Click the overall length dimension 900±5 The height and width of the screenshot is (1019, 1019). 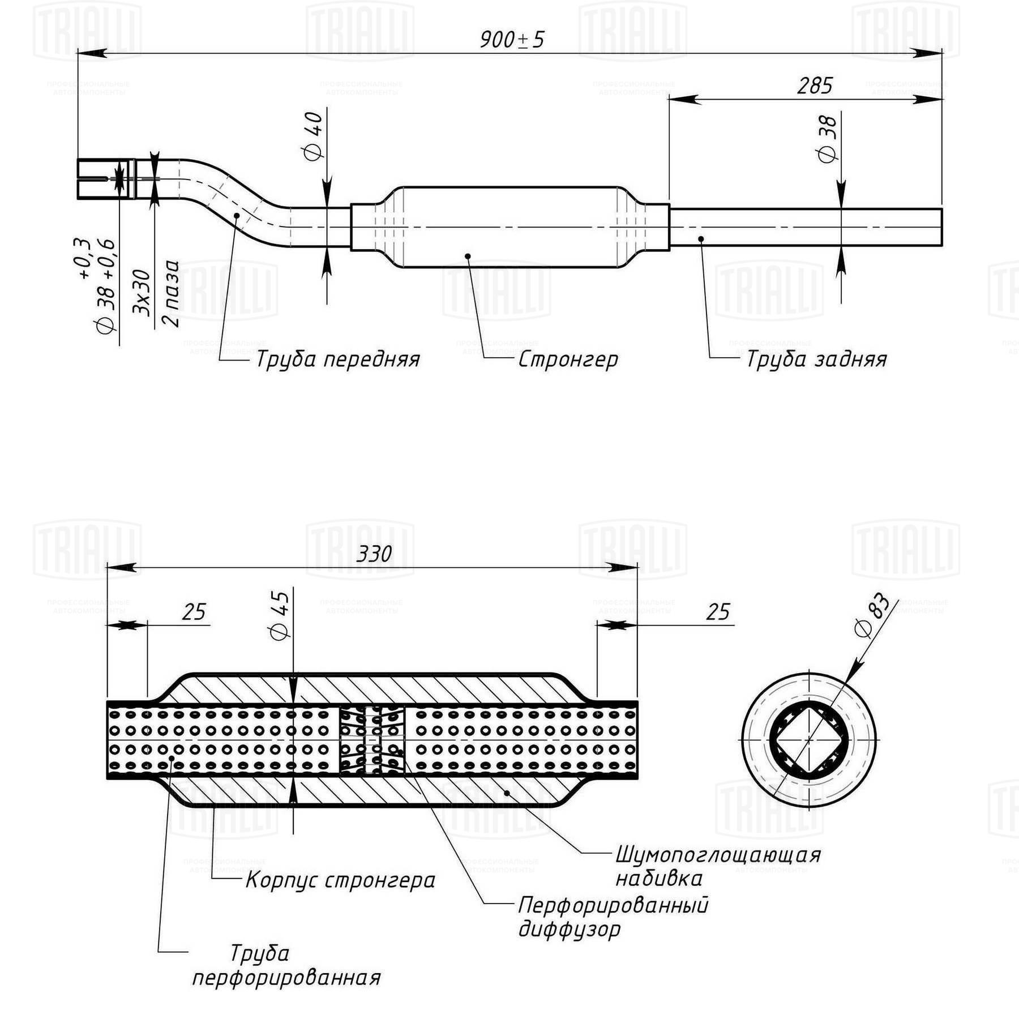(512, 40)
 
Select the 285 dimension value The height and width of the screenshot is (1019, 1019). (815, 85)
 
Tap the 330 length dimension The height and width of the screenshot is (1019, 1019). (374, 554)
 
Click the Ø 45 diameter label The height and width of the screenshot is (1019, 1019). (280, 615)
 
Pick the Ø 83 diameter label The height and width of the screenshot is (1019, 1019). (872, 615)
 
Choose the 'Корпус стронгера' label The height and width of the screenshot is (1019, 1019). (340, 880)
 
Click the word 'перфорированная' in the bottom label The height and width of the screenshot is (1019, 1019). (286, 978)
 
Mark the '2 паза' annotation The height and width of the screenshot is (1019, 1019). (170, 293)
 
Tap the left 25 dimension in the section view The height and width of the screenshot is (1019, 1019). (194, 612)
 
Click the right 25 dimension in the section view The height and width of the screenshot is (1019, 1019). (718, 612)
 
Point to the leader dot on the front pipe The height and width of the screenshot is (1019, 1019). (237, 215)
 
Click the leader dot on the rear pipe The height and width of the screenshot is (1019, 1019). (701, 239)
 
